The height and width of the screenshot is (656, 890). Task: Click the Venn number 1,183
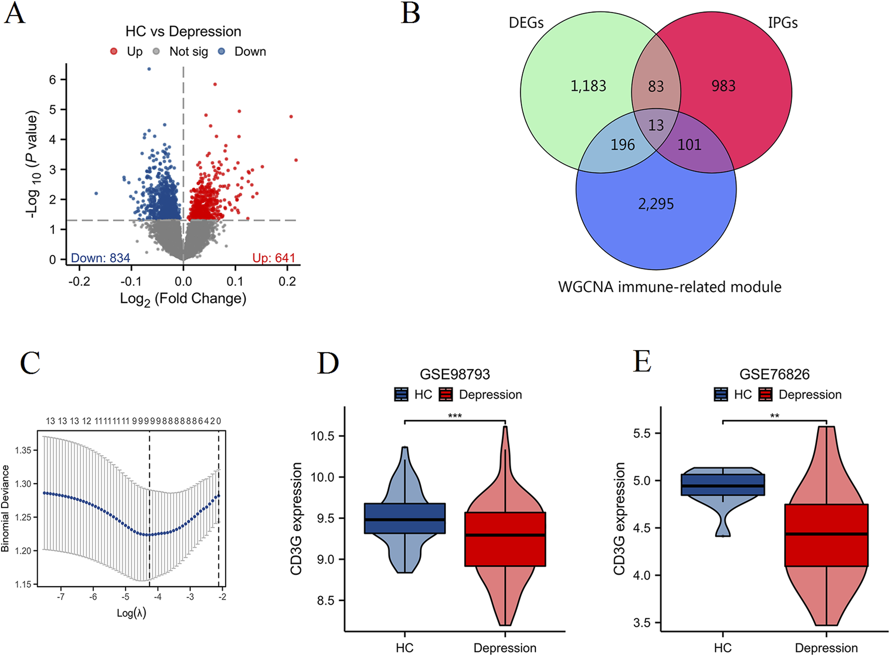[x=588, y=86]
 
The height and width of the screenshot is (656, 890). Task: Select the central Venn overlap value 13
[x=656, y=125]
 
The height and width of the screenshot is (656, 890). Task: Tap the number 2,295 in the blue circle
[x=656, y=204]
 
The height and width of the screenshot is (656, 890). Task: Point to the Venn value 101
[x=689, y=145]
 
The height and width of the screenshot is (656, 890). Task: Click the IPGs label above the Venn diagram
[x=783, y=23]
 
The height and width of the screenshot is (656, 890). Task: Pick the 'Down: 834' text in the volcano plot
[x=100, y=258]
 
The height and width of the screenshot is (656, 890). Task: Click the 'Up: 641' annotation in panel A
[x=274, y=258]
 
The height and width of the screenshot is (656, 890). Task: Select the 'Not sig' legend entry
[x=188, y=52]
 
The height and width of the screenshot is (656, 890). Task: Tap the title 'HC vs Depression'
[x=183, y=32]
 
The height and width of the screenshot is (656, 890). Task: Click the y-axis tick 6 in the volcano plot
[x=53, y=80]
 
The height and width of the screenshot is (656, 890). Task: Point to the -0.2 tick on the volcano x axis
[x=79, y=281]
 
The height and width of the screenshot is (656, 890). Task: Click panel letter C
[x=30, y=363]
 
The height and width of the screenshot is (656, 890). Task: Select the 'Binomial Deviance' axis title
[x=6, y=508]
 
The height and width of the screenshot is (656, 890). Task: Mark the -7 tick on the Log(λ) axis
[x=61, y=597]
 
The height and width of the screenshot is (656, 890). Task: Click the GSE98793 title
[x=455, y=375]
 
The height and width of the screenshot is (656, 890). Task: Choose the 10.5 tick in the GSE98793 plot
[x=322, y=436]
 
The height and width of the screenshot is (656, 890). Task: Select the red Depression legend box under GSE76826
[x=765, y=395]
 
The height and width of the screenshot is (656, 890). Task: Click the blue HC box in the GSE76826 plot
[x=723, y=485]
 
